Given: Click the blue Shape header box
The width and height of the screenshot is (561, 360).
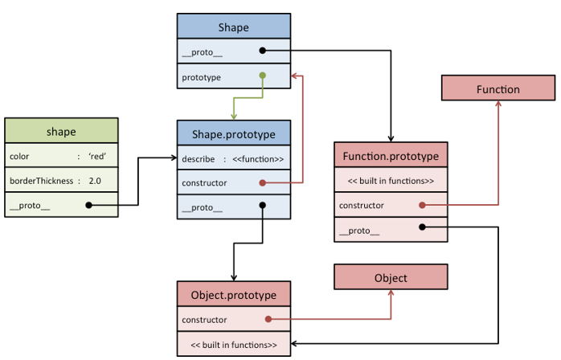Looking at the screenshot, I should tap(233, 27).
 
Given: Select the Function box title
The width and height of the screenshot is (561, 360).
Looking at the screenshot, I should tap(498, 88).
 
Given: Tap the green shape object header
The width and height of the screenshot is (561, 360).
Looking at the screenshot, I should tap(61, 132).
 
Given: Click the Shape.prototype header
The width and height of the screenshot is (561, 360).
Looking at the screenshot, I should tap(233, 133).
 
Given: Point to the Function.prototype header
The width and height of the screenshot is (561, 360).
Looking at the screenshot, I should tap(390, 155).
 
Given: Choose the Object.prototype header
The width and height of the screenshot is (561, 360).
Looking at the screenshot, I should tap(233, 295).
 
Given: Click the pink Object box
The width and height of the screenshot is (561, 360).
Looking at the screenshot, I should tap(391, 278).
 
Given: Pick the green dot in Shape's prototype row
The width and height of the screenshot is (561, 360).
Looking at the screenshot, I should tap(262, 77).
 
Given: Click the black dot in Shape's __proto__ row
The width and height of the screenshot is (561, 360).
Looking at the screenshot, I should tap(262, 51).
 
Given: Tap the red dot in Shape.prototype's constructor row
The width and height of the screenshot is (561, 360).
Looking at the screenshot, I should tap(262, 183).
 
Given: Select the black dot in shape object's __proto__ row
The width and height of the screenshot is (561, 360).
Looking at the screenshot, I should tap(88, 205).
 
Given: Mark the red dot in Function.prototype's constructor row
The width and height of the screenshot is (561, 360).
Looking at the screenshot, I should tap(420, 206).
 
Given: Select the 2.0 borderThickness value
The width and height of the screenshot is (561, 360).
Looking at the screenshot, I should tap(95, 181).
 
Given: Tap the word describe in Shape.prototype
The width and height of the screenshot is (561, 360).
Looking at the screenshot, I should tap(198, 158).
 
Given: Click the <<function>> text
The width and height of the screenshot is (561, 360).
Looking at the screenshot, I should tap(257, 158).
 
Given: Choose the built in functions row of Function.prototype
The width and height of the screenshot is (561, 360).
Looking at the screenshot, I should tap(390, 181).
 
